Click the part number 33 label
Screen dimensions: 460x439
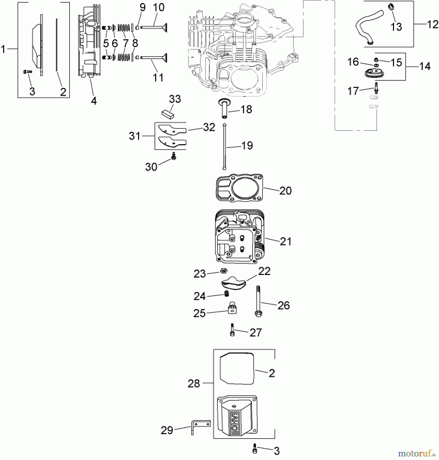click(x=175, y=99)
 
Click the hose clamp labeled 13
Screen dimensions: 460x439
click(x=390, y=7)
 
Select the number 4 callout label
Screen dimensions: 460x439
click(x=94, y=101)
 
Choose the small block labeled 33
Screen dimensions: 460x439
click(x=168, y=113)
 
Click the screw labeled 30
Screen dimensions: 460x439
click(x=174, y=156)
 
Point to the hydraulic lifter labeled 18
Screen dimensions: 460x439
click(x=224, y=109)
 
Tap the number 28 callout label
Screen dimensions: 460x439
click(x=194, y=383)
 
